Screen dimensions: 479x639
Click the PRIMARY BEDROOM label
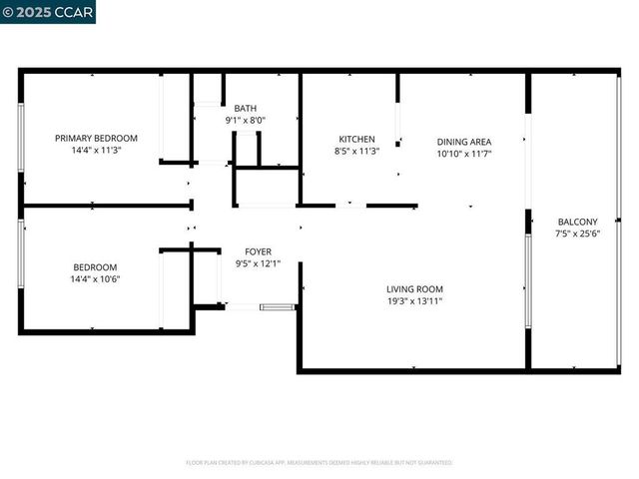point(96,138)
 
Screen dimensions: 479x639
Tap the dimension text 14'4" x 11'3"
point(96,150)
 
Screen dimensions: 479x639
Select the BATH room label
point(245,108)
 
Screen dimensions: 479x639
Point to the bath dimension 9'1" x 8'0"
point(245,120)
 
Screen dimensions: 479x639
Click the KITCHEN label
point(356,139)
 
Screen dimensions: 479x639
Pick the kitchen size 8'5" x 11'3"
point(356,151)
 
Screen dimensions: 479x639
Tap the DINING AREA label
point(464,142)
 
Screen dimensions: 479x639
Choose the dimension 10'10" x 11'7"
point(464,154)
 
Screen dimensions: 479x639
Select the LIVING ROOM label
point(414,288)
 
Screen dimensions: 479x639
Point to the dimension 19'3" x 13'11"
point(414,300)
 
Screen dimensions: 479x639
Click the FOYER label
point(259,251)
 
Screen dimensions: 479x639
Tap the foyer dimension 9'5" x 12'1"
point(259,263)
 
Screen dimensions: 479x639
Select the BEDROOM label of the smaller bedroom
point(95,266)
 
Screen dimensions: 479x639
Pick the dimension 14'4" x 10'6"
point(95,278)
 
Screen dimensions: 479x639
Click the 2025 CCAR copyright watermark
point(48,12)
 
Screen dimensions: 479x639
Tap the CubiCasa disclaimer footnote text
point(319,463)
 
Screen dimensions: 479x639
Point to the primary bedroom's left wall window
point(21,138)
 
